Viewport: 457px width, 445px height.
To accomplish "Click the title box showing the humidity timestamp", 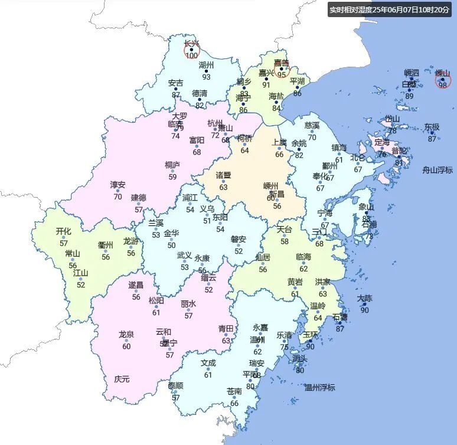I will pyautogui.click(x=390, y=9).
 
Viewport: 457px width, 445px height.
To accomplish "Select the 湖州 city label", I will pyautogui.click(x=206, y=65).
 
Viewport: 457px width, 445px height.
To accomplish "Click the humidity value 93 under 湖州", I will pyautogui.click(x=206, y=77).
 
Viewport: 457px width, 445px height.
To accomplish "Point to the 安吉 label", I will pyautogui.click(x=176, y=83).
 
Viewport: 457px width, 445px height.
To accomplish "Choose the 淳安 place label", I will pyautogui.click(x=118, y=185).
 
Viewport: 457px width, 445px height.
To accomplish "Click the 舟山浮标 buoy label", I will pyautogui.click(x=438, y=170).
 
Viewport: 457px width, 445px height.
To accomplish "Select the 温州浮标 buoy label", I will pyautogui.click(x=320, y=387).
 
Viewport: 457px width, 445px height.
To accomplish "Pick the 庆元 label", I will pyautogui.click(x=122, y=379).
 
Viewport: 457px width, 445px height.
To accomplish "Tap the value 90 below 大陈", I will pyautogui.click(x=365, y=310).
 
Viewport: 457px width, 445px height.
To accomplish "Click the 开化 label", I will pyautogui.click(x=64, y=231).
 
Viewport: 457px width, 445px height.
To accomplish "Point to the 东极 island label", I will pyautogui.click(x=432, y=127).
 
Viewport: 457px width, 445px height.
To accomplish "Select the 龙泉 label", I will pyautogui.click(x=126, y=335).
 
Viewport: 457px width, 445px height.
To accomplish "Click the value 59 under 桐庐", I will pyautogui.click(x=172, y=176).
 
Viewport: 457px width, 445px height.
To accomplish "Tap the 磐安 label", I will pyautogui.click(x=239, y=239).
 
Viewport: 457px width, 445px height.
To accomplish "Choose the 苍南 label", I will pyautogui.click(x=234, y=391).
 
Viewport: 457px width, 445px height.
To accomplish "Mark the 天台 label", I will pyautogui.click(x=285, y=230).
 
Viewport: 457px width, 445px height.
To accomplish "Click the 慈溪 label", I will pyautogui.click(x=312, y=125).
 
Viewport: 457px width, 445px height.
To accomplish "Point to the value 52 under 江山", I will pyautogui.click(x=81, y=285).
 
